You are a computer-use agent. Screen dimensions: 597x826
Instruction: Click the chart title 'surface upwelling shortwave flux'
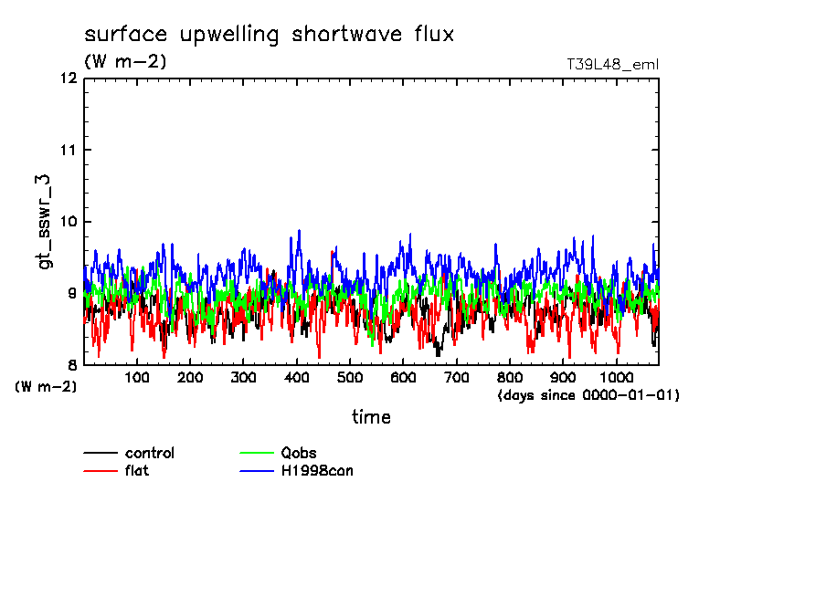coord(269,35)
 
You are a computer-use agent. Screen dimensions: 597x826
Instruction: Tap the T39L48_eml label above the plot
coord(612,64)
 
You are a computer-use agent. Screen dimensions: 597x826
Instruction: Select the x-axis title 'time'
coord(372,417)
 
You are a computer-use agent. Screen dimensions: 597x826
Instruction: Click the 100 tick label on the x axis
coord(137,378)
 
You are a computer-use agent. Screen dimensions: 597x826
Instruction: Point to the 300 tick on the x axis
coord(243,378)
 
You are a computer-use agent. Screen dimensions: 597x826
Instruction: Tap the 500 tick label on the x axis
coord(350,378)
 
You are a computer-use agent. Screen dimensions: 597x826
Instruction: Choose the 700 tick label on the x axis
coord(456,378)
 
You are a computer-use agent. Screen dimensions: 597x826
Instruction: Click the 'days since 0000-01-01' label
coord(588,395)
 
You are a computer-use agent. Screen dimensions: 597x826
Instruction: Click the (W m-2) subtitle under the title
coord(125,62)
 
